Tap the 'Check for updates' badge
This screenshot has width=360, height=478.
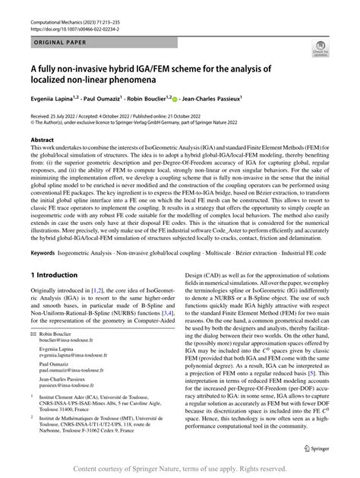[x=321, y=54]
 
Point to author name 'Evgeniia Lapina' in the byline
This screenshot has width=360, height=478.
[x=58, y=98]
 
